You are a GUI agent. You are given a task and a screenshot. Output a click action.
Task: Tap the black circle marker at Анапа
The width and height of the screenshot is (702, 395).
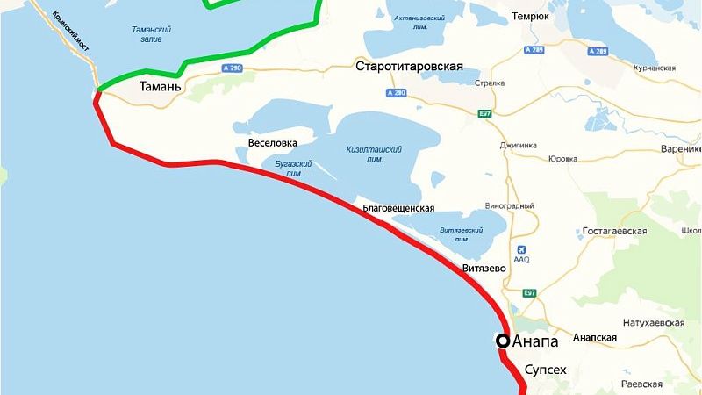tap(503, 341)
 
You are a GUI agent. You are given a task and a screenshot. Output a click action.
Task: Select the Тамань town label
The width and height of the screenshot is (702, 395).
tap(161, 88)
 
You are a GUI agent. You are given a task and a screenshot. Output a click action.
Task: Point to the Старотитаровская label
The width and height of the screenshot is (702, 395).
tap(409, 66)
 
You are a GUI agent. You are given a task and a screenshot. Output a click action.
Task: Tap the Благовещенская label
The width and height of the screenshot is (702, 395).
tap(399, 208)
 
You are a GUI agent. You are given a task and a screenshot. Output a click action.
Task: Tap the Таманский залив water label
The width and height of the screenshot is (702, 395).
tap(151, 34)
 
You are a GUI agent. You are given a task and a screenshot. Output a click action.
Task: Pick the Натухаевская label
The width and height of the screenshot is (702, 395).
tap(649, 323)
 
